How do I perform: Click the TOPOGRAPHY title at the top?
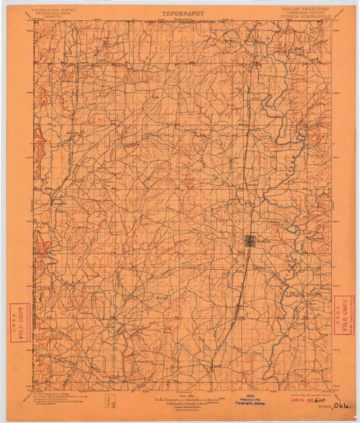point(182,13)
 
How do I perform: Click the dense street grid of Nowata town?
point(249,240)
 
